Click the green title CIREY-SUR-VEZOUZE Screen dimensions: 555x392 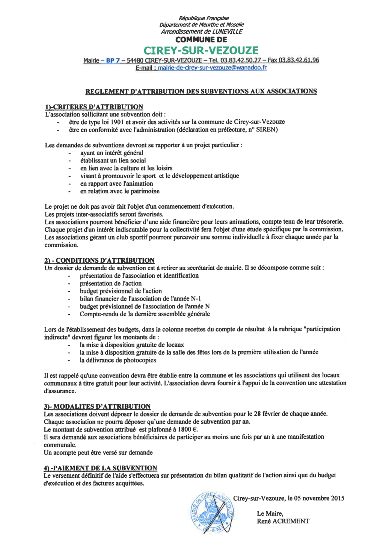point(201,51)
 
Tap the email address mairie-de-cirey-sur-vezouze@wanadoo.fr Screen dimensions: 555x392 point(212,68)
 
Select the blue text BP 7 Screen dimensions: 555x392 point(113,60)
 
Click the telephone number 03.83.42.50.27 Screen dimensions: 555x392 point(240,60)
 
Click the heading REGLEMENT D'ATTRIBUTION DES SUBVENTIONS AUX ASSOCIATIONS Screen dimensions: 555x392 point(201,92)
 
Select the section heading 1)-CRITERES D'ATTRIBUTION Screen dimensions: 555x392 point(94,107)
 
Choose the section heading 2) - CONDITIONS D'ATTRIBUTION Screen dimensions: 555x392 point(99,260)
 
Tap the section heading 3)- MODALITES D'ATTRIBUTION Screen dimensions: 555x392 point(97,406)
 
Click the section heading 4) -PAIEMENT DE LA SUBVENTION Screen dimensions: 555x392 point(100,468)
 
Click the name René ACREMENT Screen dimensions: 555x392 point(283,521)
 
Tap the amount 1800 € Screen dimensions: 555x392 point(188,430)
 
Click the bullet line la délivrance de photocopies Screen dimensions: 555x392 point(118,360)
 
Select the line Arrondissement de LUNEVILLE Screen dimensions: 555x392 point(202,32)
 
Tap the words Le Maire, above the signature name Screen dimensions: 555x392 point(270,513)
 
